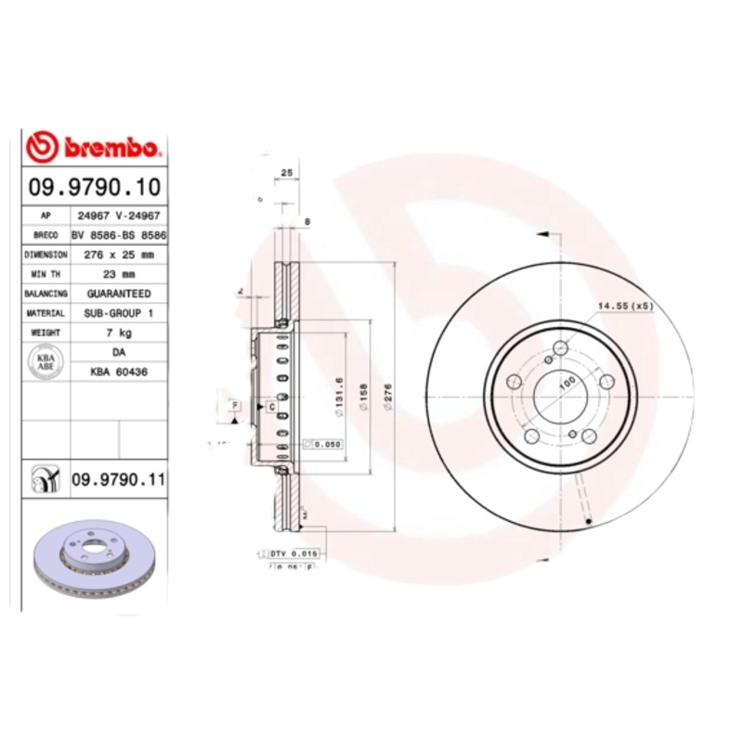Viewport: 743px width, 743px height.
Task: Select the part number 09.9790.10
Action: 94,187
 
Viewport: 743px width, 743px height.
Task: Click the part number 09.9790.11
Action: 118,479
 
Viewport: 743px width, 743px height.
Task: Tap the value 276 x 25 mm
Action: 118,254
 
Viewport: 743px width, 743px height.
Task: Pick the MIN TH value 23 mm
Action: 118,274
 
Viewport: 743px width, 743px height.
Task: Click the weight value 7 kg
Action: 118,332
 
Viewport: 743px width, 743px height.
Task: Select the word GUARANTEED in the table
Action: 118,293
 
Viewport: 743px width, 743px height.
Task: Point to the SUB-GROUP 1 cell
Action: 118,313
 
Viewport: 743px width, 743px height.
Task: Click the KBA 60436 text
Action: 118,371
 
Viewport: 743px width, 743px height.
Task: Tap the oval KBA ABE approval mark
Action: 46,361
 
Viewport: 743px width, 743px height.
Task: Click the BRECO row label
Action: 46,235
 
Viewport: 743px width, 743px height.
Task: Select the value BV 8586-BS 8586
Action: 118,235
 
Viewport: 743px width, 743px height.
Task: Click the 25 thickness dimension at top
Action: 287,173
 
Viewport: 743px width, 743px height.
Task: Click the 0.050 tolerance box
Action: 326,444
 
